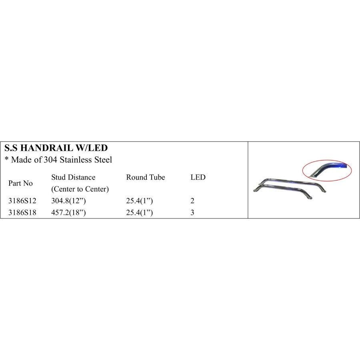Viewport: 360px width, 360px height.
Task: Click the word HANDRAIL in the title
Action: [46, 148]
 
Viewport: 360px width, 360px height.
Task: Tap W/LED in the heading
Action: [92, 148]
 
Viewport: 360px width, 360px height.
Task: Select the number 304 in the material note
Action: [50, 160]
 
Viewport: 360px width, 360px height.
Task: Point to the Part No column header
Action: [20, 183]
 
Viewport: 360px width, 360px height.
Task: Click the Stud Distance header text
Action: [73, 177]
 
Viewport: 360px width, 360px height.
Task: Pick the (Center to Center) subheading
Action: [80, 189]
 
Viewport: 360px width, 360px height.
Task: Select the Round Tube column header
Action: [146, 177]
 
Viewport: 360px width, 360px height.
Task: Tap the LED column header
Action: [198, 177]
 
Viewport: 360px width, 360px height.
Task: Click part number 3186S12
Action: [22, 201]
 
